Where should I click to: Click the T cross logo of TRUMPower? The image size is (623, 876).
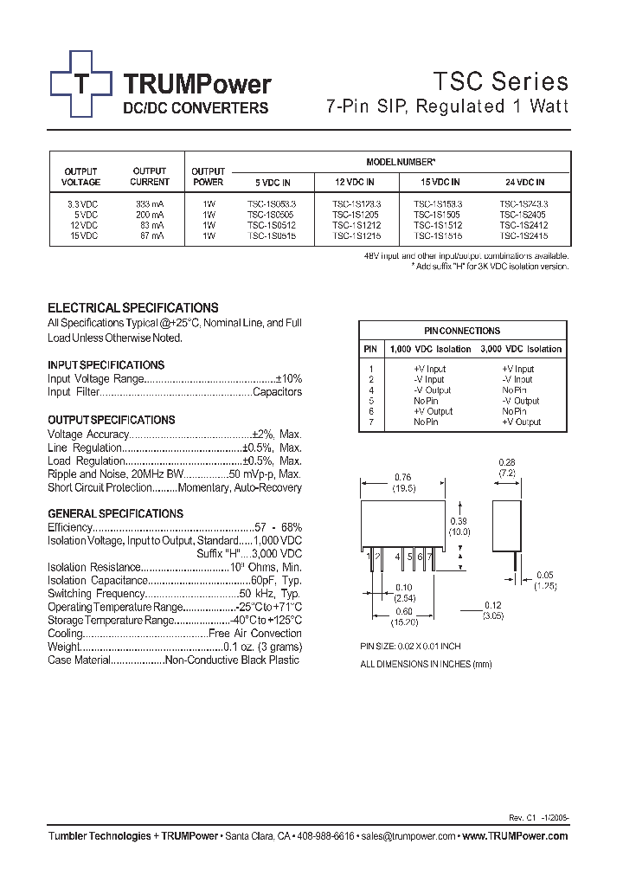(x=81, y=84)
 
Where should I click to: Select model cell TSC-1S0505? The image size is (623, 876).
(x=272, y=214)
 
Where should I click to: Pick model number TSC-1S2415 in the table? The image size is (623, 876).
(x=523, y=235)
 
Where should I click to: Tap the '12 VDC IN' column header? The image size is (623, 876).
(x=355, y=183)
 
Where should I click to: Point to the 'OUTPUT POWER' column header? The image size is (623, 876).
(x=208, y=177)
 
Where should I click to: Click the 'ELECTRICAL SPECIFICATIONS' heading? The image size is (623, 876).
(x=132, y=308)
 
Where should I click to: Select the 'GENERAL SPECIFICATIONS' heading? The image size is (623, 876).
(x=115, y=513)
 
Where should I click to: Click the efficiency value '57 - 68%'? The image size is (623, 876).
(x=279, y=527)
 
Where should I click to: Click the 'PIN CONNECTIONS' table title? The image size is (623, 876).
(x=462, y=331)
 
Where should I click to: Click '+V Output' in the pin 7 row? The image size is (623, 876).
(x=521, y=422)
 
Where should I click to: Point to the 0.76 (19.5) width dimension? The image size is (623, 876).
(x=403, y=481)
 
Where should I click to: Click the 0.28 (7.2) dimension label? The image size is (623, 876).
(x=507, y=468)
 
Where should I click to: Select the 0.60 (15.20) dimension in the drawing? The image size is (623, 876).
(x=403, y=616)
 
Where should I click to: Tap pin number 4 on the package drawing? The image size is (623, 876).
(x=398, y=557)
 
